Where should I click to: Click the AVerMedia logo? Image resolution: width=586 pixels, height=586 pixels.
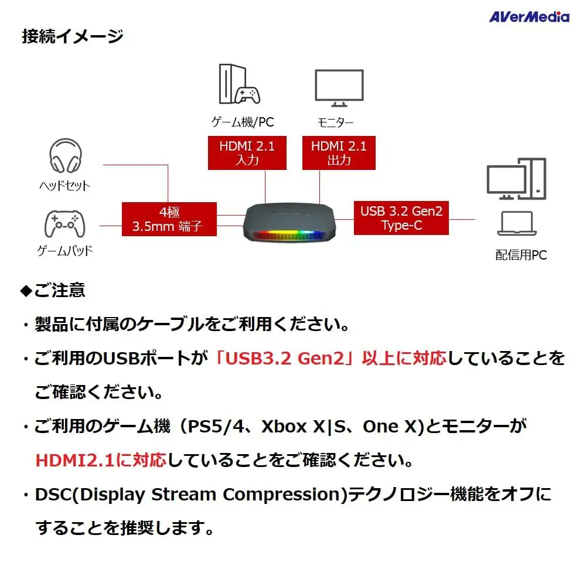coord(529,16)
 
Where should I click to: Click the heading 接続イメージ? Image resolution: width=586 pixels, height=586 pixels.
coord(73,36)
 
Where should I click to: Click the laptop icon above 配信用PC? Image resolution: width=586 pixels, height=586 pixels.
coord(516,224)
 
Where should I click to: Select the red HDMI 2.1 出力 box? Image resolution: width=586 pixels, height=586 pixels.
coord(339,152)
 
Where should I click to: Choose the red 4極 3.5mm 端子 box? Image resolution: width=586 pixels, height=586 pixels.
coord(169,219)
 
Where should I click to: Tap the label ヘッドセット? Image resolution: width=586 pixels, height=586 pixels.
coord(64,186)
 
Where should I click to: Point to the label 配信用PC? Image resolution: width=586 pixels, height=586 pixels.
coord(521,255)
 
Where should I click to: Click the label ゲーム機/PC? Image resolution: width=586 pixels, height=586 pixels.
coord(242,122)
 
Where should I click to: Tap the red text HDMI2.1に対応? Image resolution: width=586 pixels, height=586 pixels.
coord(101,459)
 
